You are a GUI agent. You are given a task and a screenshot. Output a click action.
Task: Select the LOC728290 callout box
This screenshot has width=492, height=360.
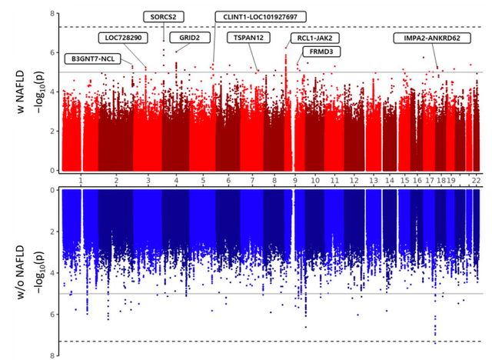tap(123, 37)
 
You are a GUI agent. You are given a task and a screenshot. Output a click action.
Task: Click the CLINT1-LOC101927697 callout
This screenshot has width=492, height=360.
tap(260, 16)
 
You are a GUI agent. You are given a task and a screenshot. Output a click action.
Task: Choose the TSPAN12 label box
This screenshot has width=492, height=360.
tap(249, 37)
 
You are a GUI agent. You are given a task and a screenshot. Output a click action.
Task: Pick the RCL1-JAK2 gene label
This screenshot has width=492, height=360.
tap(318, 37)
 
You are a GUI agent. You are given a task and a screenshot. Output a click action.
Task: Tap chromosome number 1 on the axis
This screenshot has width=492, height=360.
tap(81, 179)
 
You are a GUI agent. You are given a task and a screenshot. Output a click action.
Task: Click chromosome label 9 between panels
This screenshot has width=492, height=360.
tap(294, 179)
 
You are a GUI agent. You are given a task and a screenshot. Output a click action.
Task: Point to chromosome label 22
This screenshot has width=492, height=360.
tap(477, 179)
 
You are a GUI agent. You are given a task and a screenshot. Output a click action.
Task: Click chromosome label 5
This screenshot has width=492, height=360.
tap(203, 179)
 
